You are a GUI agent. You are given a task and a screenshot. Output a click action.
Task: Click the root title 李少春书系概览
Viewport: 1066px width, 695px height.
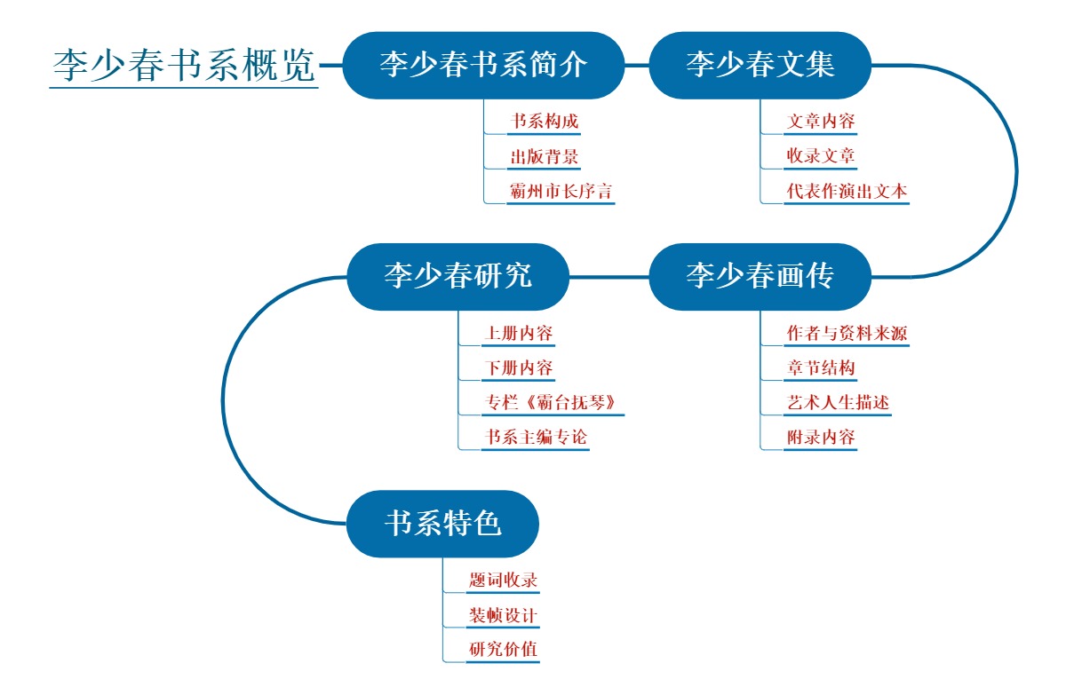184,65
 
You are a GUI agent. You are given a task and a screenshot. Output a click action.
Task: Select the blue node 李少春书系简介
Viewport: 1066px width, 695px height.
483,65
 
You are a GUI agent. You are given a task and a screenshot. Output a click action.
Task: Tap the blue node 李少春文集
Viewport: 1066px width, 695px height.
760,65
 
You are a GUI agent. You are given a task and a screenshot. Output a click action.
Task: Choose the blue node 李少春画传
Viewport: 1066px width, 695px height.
760,276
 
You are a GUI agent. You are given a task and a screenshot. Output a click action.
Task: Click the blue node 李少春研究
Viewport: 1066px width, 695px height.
457,276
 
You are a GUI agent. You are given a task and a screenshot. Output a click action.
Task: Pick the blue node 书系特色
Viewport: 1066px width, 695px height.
442,524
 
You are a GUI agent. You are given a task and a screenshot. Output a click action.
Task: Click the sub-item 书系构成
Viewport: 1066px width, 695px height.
544,122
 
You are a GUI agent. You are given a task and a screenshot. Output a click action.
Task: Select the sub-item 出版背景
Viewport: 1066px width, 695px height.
544,157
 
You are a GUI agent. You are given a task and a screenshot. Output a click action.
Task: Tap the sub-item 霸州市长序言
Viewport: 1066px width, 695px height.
561,192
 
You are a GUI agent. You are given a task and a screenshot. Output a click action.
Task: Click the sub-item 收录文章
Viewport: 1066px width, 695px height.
821,157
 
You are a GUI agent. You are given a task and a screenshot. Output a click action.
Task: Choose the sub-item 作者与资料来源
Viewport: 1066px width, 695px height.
847,334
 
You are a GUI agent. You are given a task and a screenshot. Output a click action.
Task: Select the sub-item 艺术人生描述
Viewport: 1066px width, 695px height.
838,403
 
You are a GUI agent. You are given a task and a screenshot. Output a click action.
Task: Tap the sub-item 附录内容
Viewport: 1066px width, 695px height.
821,438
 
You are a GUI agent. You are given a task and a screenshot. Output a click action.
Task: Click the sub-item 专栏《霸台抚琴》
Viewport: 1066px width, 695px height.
553,403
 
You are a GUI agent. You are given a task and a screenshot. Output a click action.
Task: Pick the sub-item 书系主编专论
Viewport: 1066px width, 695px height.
535,438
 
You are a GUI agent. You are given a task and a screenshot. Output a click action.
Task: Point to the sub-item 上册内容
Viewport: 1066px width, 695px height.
518,334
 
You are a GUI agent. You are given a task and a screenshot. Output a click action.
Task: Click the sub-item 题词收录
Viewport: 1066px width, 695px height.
503,580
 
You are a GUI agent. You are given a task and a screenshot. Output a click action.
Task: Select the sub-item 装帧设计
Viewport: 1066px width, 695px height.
503,615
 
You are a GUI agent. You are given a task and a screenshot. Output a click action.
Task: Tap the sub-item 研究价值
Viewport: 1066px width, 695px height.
503,650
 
